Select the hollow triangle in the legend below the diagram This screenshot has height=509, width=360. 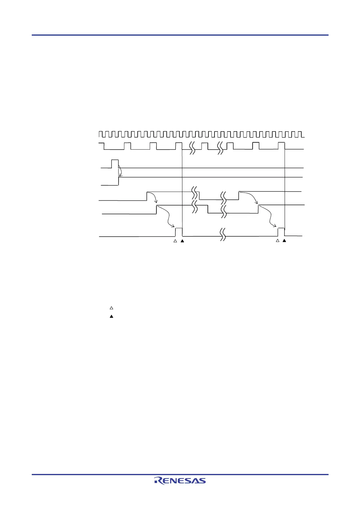(x=111, y=308)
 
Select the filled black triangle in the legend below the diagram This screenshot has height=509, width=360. (x=111, y=316)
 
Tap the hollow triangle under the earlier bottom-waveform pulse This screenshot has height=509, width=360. (x=175, y=241)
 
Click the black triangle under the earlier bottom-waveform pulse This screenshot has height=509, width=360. (x=182, y=241)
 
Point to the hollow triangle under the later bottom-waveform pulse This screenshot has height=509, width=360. (x=277, y=241)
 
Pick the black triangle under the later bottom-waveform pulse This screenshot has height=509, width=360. (x=284, y=241)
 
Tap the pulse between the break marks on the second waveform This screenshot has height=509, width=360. (x=205, y=146)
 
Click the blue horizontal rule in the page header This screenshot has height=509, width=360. (x=180, y=35)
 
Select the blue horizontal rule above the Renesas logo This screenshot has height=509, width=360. (x=180, y=475)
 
